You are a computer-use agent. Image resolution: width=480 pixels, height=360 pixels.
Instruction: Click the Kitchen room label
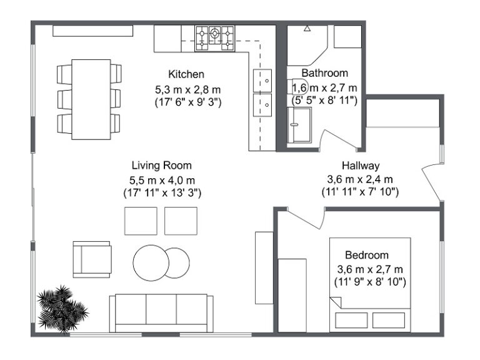click(x=186, y=74)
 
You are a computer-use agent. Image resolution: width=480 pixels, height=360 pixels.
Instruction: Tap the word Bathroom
click(x=324, y=73)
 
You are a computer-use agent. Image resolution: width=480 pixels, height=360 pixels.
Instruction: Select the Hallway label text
click(x=361, y=166)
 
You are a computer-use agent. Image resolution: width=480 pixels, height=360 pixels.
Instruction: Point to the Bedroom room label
click(x=367, y=255)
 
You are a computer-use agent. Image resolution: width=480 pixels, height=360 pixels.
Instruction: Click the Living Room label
click(x=161, y=166)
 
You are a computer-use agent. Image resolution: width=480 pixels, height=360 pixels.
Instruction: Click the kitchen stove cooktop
click(x=214, y=37)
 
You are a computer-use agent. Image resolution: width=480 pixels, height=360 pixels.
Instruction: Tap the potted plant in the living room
click(x=61, y=309)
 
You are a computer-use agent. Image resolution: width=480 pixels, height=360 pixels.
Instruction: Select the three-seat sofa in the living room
click(x=161, y=312)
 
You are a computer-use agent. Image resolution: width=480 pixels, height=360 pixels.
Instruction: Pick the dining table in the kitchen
click(x=91, y=99)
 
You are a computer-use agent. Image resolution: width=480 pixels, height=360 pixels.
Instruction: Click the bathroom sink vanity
click(x=299, y=124)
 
